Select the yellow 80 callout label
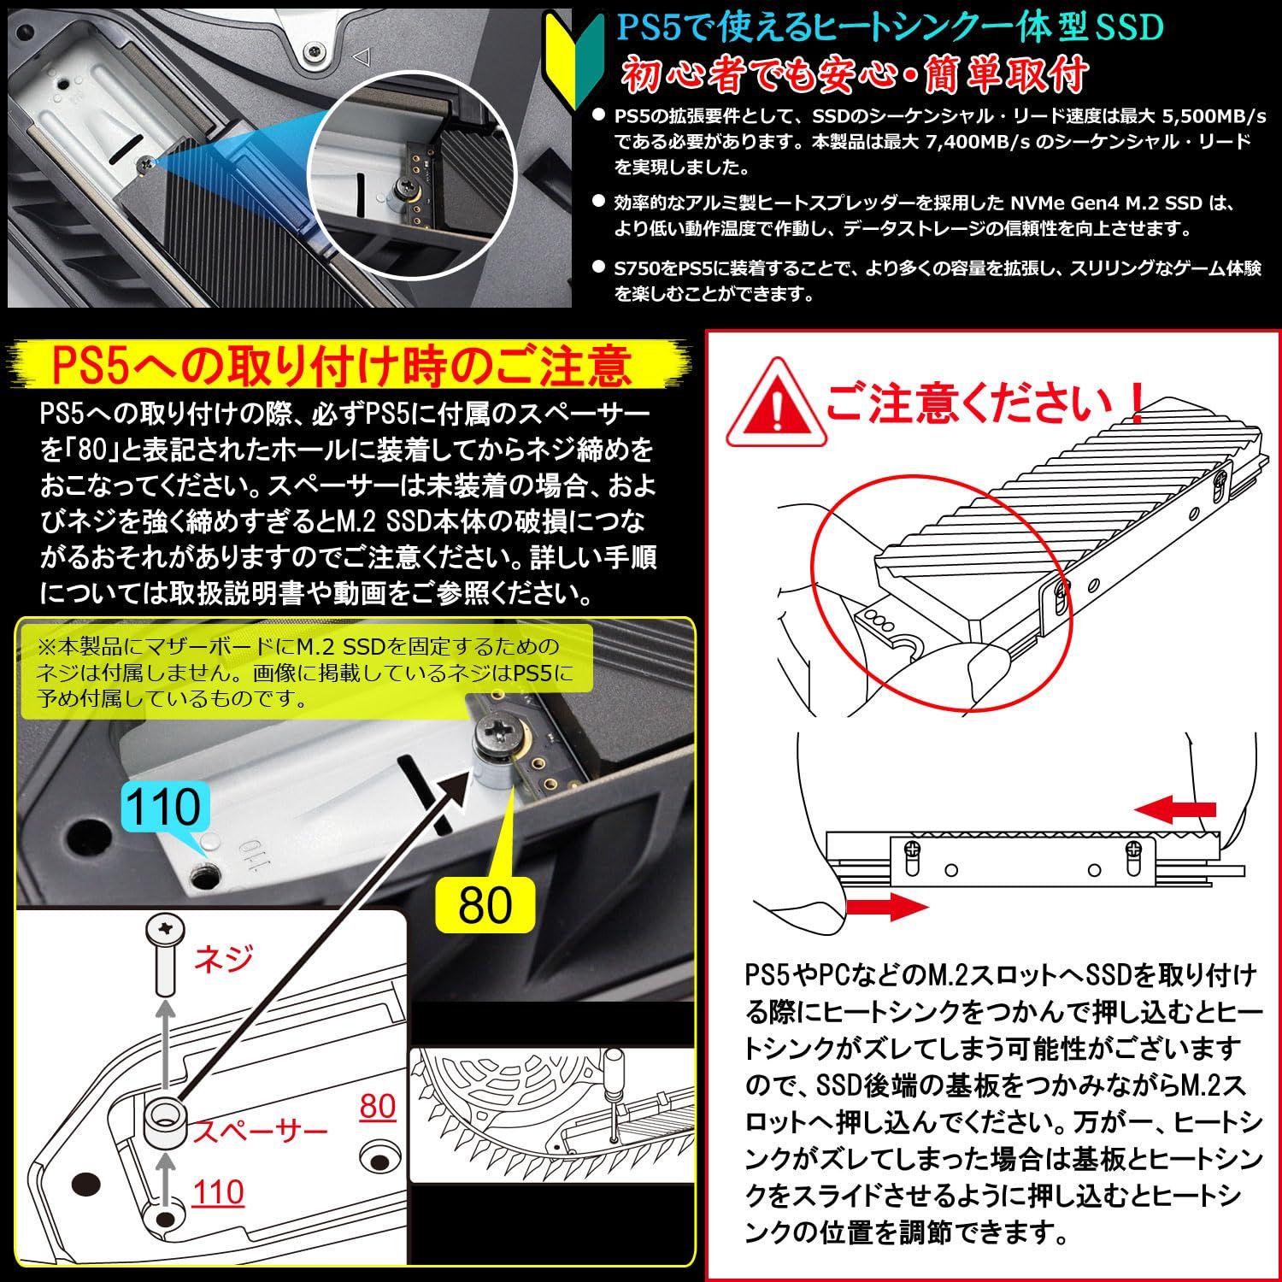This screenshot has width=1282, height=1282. point(485,904)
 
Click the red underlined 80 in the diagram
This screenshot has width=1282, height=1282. point(378,1106)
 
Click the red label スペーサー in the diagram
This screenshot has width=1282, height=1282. point(259,1132)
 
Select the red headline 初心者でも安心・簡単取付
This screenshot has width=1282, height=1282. point(856,74)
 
